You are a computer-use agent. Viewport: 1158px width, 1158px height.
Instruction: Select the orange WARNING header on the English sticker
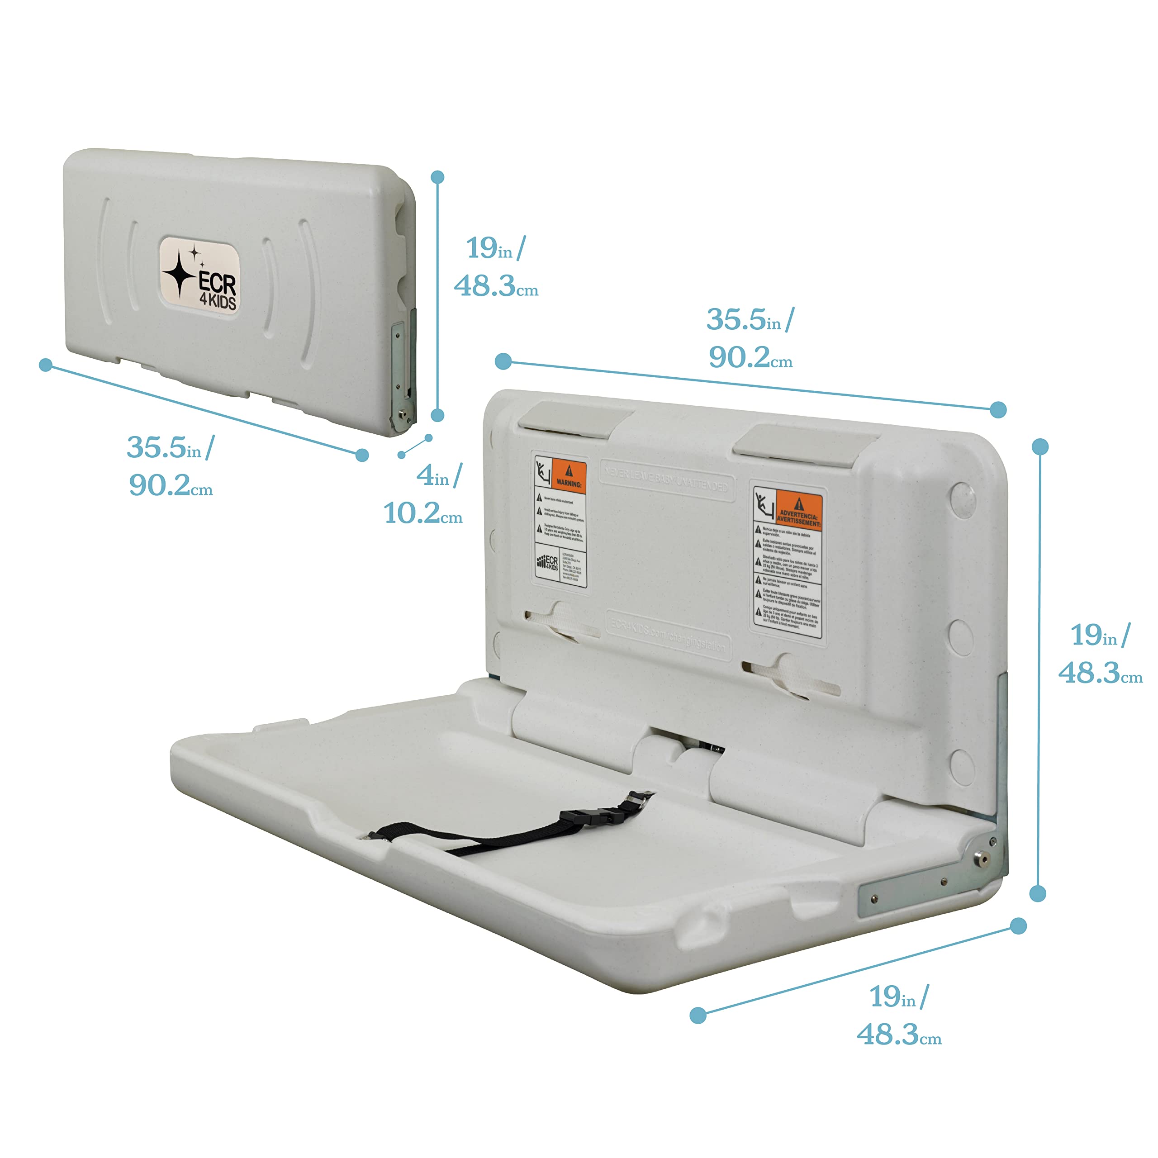click(x=568, y=476)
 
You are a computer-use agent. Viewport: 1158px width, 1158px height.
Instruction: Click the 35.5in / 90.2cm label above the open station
click(x=750, y=339)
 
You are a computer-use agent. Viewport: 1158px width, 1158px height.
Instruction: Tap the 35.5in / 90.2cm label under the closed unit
click(x=170, y=466)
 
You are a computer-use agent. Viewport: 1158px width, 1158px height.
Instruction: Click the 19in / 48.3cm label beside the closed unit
click(x=496, y=267)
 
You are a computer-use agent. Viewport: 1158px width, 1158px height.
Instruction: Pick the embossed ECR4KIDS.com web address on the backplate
click(x=668, y=634)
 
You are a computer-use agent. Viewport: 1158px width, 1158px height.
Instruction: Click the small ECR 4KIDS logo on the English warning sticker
click(x=547, y=563)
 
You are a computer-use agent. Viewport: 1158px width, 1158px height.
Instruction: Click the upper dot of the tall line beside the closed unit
click(x=437, y=177)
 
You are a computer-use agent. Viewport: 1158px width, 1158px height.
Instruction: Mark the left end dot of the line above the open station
click(x=503, y=361)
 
